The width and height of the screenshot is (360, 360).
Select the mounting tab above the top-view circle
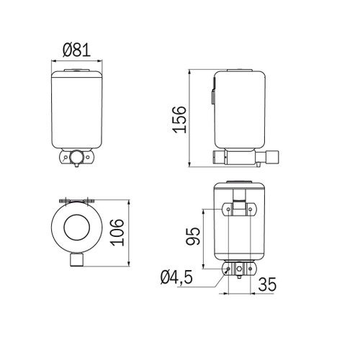(76, 199)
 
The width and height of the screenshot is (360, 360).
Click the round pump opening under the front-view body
(76, 155)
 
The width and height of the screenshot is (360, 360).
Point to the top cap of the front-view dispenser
(76, 71)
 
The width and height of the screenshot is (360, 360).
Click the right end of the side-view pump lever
(273, 156)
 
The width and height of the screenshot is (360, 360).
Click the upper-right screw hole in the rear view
(251, 208)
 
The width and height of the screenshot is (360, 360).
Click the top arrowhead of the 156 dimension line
(189, 72)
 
